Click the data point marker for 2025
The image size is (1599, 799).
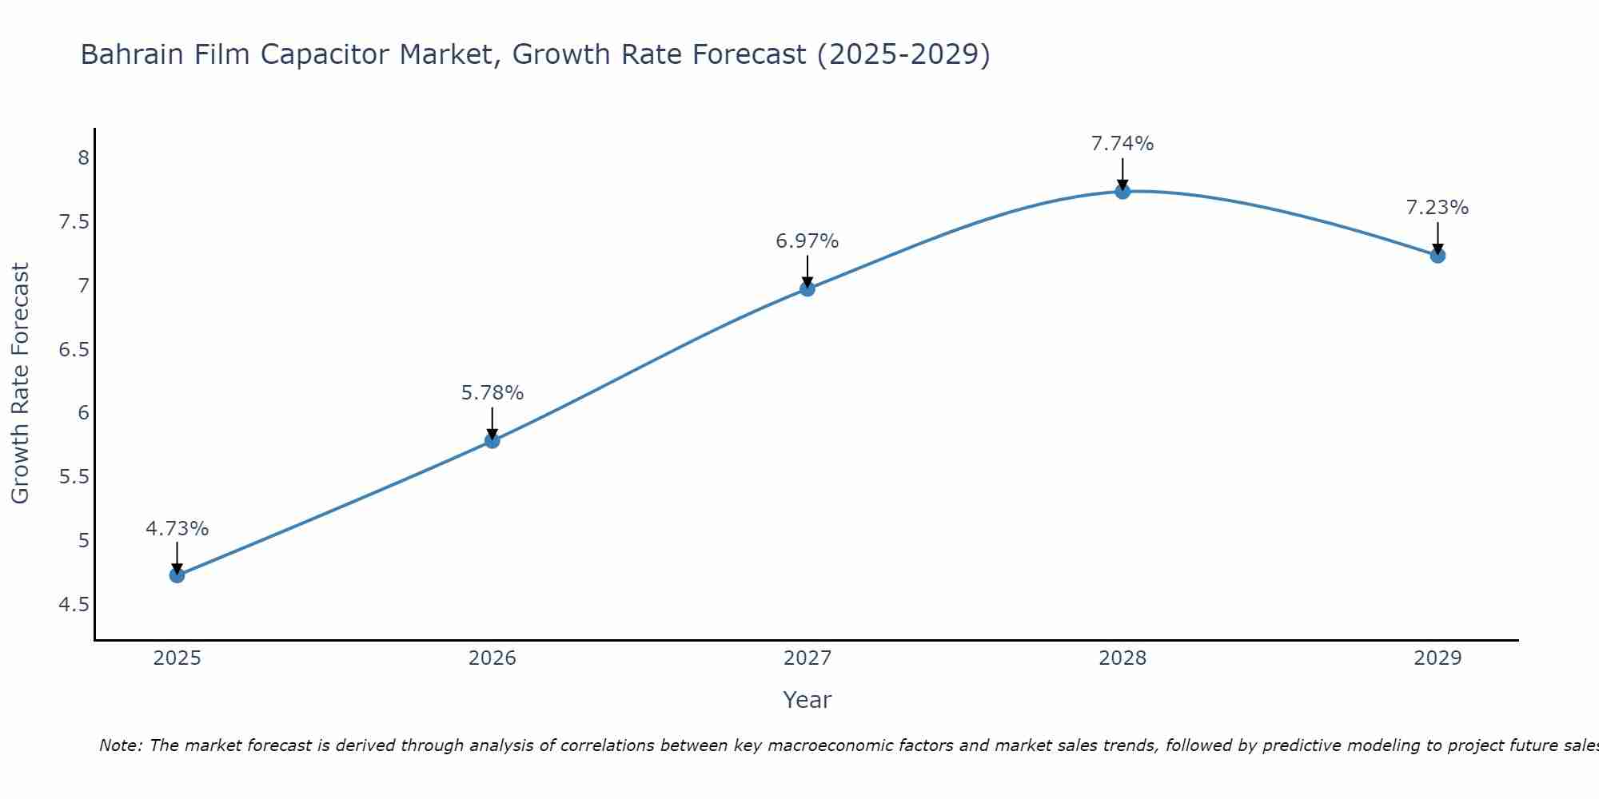point(177,575)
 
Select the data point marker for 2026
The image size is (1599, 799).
point(492,440)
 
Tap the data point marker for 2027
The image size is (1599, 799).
point(807,288)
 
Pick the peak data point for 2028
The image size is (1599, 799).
point(1122,191)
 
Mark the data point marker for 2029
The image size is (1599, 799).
point(1438,256)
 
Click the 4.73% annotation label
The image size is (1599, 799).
point(177,529)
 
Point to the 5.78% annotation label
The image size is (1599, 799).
point(492,393)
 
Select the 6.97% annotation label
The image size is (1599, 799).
point(807,241)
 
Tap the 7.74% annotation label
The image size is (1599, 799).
point(1122,144)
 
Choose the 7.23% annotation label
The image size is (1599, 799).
point(1438,208)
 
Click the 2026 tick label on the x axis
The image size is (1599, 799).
point(492,658)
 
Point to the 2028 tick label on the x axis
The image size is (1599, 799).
point(1122,658)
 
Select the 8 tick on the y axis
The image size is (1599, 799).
point(83,157)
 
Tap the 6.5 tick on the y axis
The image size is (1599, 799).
point(74,349)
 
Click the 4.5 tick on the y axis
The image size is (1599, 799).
point(74,605)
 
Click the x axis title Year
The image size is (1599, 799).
point(807,700)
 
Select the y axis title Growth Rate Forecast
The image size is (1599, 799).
point(20,384)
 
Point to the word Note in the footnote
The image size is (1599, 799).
point(120,745)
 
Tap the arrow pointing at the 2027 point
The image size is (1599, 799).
point(807,272)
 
